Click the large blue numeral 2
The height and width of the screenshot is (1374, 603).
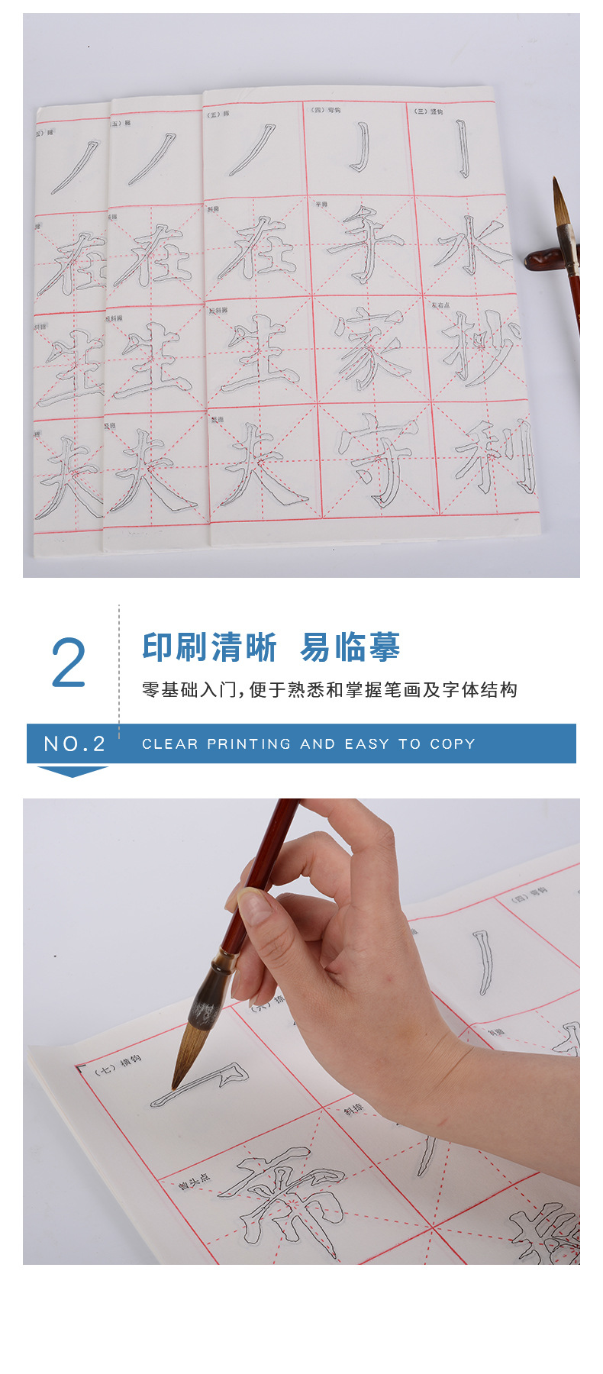(68, 663)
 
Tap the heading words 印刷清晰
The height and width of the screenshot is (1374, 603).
(210, 647)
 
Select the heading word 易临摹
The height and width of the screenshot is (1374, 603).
(350, 647)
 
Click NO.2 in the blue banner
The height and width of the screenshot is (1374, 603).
(74, 744)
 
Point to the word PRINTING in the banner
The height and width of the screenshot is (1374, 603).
(249, 744)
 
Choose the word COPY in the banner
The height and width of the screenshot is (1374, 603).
(452, 744)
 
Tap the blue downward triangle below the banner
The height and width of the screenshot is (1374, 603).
(73, 772)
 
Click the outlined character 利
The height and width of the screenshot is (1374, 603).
(497, 456)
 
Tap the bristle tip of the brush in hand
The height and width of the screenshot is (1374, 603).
(177, 1080)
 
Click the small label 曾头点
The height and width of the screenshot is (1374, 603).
(195, 1182)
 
